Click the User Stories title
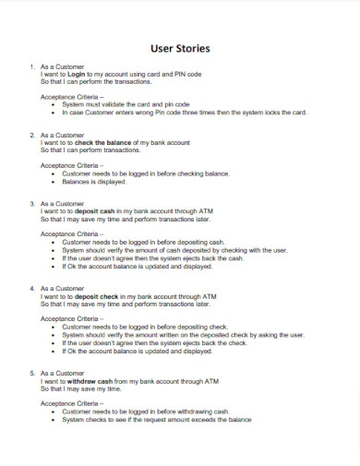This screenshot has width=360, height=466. [179, 47]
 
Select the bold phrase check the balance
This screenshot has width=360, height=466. [103, 143]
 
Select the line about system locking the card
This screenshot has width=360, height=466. [184, 114]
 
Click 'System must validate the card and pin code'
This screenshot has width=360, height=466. [126, 105]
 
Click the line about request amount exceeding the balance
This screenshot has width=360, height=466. [156, 420]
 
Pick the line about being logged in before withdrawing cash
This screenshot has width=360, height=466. [145, 412]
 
